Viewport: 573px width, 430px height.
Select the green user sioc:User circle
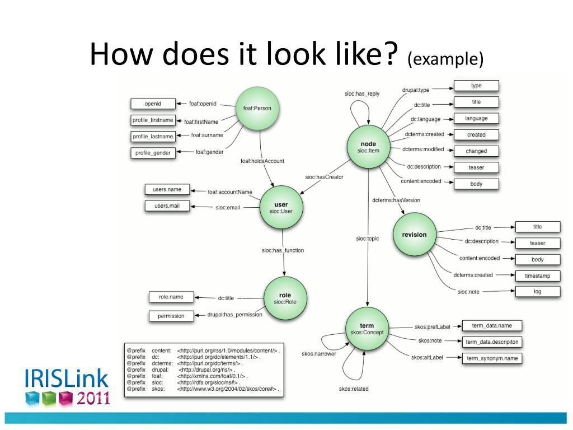[x=281, y=208]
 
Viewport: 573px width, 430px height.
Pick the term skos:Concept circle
[x=367, y=329]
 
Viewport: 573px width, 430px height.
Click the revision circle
[x=414, y=235]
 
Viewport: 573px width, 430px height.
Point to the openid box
[x=153, y=104]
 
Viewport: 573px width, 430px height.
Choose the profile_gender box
[x=153, y=153]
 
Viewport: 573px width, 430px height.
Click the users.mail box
[x=167, y=206]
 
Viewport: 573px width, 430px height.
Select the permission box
[x=171, y=316]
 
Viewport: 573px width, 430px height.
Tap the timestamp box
[x=537, y=276]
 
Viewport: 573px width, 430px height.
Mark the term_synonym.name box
[x=491, y=358]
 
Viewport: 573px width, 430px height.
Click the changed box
[x=476, y=151]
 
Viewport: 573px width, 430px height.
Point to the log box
[x=537, y=292]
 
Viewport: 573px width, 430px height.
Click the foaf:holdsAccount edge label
[x=262, y=161]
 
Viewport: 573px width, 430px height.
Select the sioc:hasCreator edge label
[x=324, y=177]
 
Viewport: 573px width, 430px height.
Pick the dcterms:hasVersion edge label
[x=396, y=200]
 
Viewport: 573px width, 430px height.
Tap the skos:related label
[x=354, y=389]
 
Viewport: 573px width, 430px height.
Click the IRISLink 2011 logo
[x=66, y=386]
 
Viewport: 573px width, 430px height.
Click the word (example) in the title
[x=445, y=58]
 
